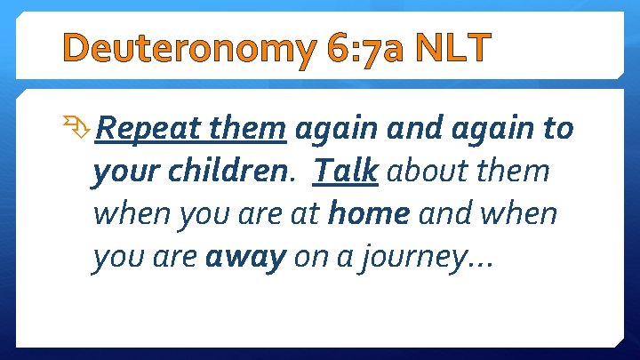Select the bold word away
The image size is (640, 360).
tap(246, 258)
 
